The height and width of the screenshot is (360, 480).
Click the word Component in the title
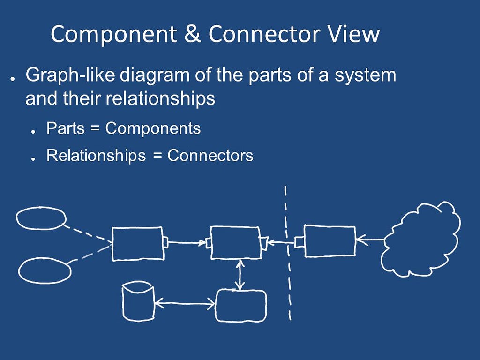click(114, 34)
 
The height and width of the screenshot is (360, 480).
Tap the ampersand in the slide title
click(193, 33)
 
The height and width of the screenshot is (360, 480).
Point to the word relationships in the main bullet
click(160, 98)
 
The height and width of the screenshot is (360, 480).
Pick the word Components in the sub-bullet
click(153, 128)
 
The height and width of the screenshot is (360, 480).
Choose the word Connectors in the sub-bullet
click(210, 156)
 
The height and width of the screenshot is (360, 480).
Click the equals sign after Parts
click(95, 128)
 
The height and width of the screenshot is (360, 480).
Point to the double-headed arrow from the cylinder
click(185, 304)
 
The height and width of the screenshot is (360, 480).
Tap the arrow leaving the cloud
click(370, 239)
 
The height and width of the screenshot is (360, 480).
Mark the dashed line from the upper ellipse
click(88, 233)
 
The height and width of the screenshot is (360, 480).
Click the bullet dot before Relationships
click(33, 159)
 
